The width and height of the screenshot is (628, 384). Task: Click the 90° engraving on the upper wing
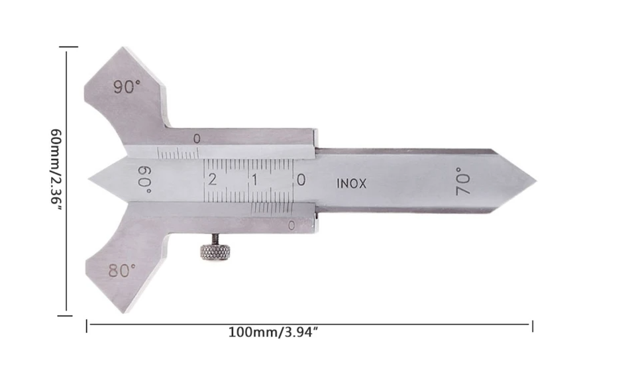[127, 87]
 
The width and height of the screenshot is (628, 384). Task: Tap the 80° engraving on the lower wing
[122, 271]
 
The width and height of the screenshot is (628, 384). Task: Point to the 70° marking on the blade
[463, 181]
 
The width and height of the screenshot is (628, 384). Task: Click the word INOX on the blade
[351, 184]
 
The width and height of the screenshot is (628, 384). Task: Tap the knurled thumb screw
[215, 251]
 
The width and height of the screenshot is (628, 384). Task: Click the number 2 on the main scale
[213, 179]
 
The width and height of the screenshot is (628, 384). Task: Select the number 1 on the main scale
[255, 180]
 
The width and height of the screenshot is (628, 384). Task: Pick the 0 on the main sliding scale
[301, 180]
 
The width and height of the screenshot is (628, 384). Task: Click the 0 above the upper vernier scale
[197, 139]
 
